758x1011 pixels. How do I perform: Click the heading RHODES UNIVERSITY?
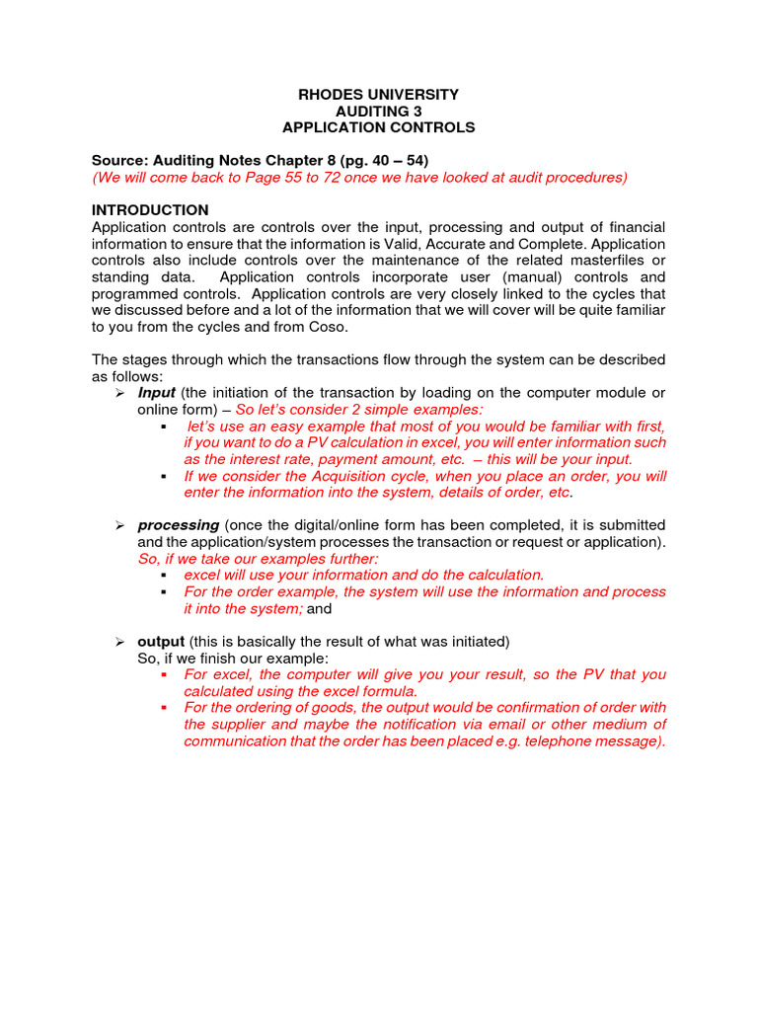click(x=378, y=95)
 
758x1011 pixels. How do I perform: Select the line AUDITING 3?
click(x=378, y=112)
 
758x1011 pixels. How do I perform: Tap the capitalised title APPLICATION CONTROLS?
click(x=378, y=128)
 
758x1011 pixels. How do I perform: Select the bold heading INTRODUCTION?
click(x=150, y=210)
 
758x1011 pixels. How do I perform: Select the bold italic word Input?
click(x=156, y=393)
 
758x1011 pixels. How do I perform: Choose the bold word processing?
click(x=178, y=525)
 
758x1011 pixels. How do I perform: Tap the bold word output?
click(x=161, y=642)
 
